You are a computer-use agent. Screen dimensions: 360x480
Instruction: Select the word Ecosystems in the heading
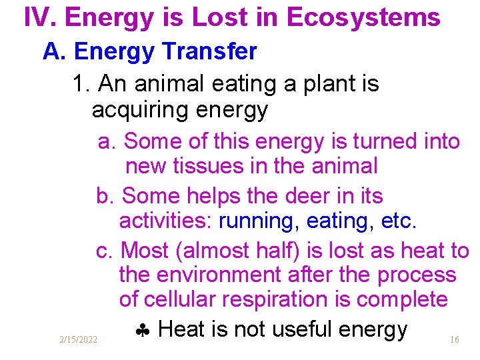(x=363, y=18)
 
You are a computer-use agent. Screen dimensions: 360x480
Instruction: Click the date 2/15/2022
(x=78, y=340)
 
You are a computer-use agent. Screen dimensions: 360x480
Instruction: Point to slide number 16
(x=454, y=340)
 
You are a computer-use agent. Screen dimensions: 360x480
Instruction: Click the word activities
(x=166, y=221)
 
